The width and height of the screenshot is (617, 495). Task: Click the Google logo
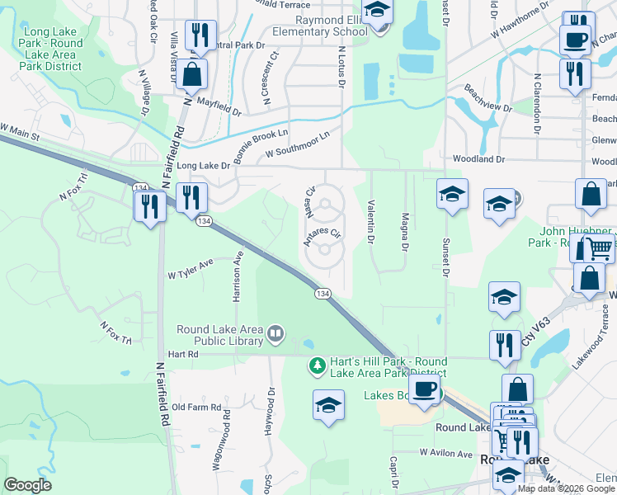click(x=27, y=485)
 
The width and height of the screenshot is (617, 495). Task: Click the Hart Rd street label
click(x=183, y=354)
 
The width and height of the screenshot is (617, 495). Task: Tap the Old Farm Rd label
click(x=200, y=408)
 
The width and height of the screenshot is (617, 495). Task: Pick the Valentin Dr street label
click(x=371, y=223)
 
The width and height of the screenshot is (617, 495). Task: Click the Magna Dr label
click(x=405, y=232)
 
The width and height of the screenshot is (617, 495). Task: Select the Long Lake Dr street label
click(x=203, y=166)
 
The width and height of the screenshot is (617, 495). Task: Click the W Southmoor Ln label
click(x=298, y=144)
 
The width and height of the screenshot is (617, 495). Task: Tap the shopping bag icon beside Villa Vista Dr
click(x=191, y=74)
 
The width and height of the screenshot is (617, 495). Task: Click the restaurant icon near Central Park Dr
click(x=200, y=35)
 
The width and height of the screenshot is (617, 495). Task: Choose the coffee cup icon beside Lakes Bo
click(x=425, y=388)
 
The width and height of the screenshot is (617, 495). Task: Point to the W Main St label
click(x=21, y=131)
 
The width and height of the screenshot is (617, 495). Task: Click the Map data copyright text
click(x=566, y=488)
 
